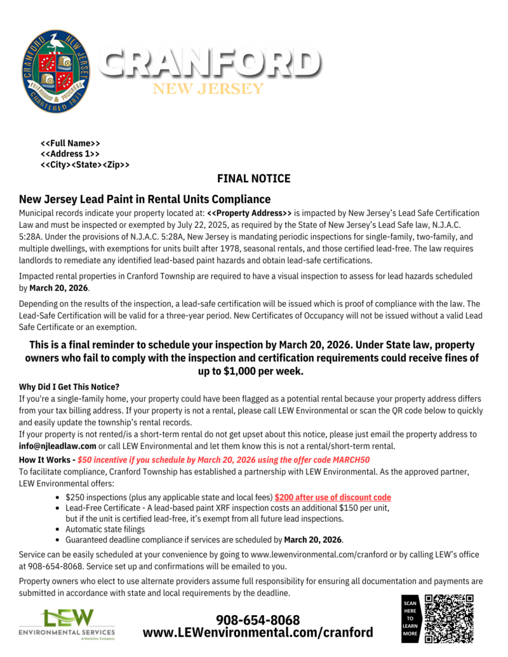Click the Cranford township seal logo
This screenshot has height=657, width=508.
click(x=55, y=71)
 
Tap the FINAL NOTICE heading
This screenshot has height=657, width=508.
click(x=253, y=178)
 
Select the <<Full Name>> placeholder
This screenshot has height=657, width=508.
click(x=70, y=143)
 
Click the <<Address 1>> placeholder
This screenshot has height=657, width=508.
click(x=70, y=154)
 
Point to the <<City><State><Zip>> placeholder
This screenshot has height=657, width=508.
click(x=85, y=165)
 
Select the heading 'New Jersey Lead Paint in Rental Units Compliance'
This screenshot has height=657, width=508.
click(x=145, y=199)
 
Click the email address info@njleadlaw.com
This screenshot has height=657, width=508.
click(x=58, y=446)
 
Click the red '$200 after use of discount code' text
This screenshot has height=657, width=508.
click(x=333, y=498)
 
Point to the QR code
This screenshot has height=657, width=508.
click(x=449, y=619)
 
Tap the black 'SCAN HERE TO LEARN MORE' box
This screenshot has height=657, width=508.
click(x=410, y=619)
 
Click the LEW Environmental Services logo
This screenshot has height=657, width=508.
click(x=67, y=624)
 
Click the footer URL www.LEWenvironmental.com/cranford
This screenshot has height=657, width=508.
click(x=258, y=633)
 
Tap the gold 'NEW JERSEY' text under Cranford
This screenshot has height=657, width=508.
click(x=208, y=88)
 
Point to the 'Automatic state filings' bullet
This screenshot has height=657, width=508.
click(x=105, y=529)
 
